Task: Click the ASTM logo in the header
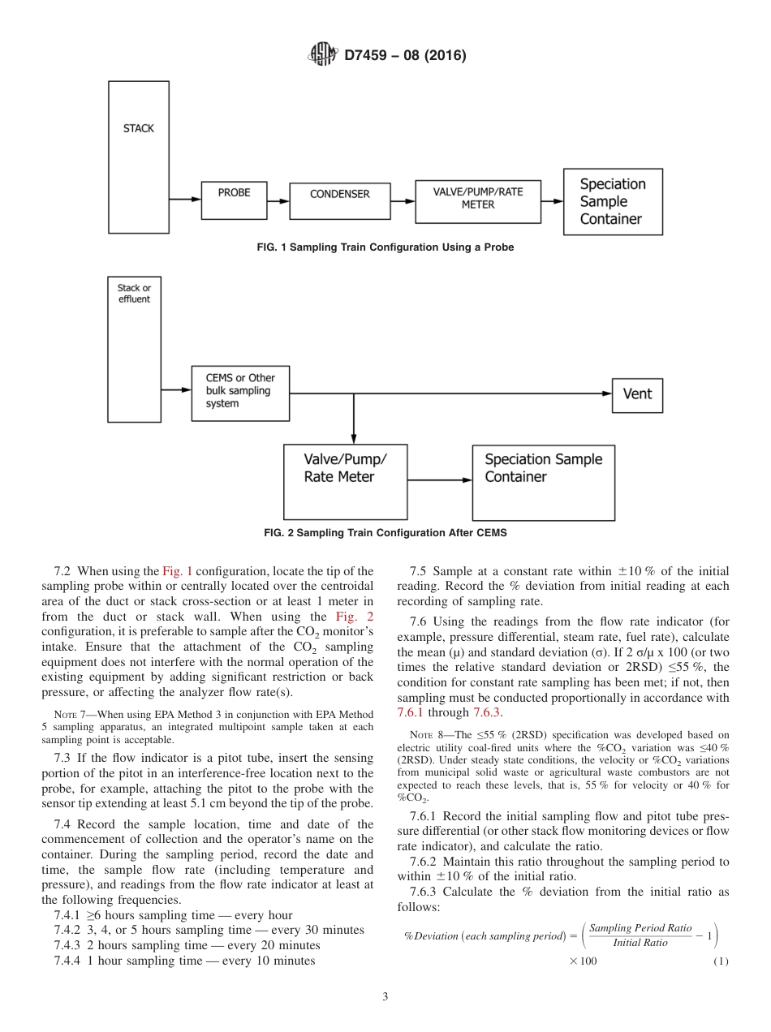322,55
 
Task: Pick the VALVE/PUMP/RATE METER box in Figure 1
478,199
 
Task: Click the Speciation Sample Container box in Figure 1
613,202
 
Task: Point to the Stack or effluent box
134,348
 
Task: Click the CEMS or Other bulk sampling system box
240,391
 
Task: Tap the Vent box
637,394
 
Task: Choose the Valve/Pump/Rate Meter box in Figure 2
345,481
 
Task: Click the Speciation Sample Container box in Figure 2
543,481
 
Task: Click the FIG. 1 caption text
385,247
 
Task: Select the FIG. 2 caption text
385,533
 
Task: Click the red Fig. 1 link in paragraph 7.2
177,571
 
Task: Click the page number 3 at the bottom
385,997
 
